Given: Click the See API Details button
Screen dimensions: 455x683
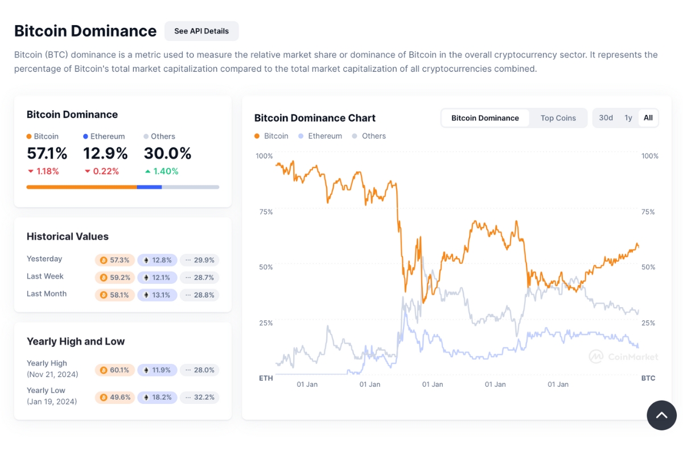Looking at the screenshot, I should tap(201, 31).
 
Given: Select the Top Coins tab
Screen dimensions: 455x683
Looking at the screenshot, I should tap(558, 118).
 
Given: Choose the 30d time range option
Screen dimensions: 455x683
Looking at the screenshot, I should tap(606, 118).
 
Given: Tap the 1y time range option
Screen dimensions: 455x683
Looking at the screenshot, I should tap(628, 118).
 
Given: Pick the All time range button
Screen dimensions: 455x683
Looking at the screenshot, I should tap(648, 118).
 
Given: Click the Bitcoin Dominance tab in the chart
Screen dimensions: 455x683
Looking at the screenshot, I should tap(485, 118).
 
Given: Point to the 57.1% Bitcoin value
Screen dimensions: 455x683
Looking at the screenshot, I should tap(47, 154).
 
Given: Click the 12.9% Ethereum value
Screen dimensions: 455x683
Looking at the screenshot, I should tap(105, 154).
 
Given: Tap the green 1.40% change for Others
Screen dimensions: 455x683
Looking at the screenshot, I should tap(162, 171).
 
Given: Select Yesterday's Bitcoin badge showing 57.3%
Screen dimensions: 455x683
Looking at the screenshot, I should tap(115, 260).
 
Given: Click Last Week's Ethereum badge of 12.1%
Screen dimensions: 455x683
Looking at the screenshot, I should tap(157, 278).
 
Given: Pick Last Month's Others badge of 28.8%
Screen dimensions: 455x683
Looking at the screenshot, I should tap(199, 295).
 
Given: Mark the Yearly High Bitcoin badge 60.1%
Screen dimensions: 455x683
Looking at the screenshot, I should tap(115, 370).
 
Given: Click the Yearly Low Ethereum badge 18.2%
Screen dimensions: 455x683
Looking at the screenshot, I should tap(157, 398).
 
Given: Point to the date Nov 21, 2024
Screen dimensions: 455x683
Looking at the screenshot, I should tap(52, 374).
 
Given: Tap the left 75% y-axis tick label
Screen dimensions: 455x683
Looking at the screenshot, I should tap(265, 212).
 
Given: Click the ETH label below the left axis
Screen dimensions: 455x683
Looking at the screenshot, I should tap(266, 378).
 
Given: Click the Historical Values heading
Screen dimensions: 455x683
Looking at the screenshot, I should tap(68, 237).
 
